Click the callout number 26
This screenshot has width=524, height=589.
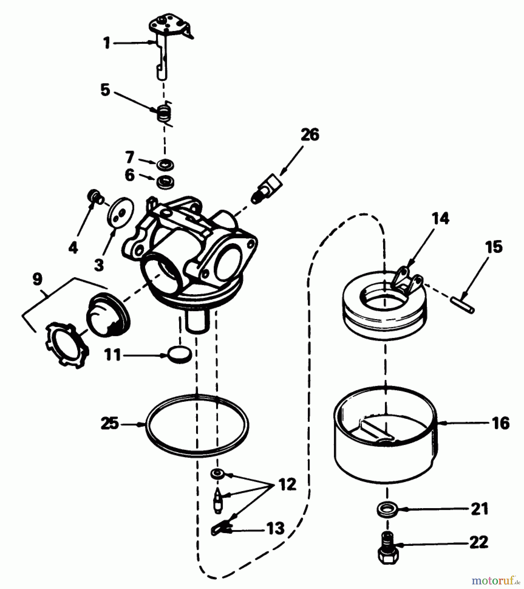tap(310, 135)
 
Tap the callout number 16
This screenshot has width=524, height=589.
tap(500, 423)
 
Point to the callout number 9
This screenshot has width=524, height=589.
tap(37, 279)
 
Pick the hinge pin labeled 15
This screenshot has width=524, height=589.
tap(463, 304)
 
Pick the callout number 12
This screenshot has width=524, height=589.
tap(287, 484)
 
